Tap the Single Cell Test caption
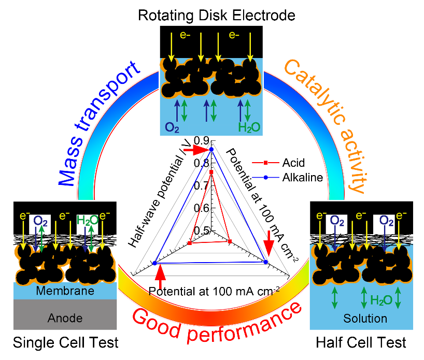[66, 342]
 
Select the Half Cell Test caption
[362, 342]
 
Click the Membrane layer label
[65, 291]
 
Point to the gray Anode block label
[65, 317]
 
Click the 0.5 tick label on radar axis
[202, 230]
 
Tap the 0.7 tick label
[202, 185]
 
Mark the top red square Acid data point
[211, 172]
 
